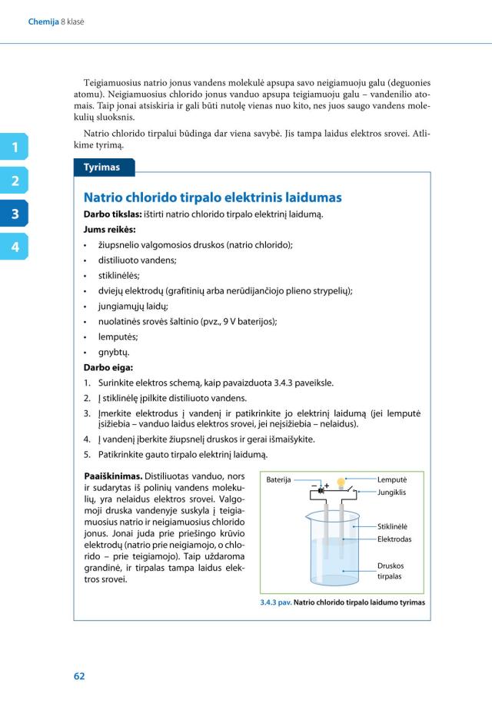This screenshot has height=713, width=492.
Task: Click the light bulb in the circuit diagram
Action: tap(341, 480)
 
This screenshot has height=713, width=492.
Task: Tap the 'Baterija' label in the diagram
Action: tap(278, 480)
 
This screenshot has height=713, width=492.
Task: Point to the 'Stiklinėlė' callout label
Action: tap(393, 526)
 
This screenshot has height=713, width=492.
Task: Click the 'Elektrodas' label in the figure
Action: tap(394, 539)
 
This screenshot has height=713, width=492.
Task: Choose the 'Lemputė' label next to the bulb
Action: tap(392, 479)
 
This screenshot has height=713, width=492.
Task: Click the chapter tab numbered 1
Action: tap(14, 147)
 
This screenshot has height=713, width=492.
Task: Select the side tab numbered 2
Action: tap(14, 181)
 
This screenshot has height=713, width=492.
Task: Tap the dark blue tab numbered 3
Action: tap(14, 214)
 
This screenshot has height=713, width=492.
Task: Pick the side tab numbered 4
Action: tap(14, 247)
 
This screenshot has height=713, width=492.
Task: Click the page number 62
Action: tap(79, 676)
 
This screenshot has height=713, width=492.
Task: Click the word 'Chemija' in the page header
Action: tap(43, 22)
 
